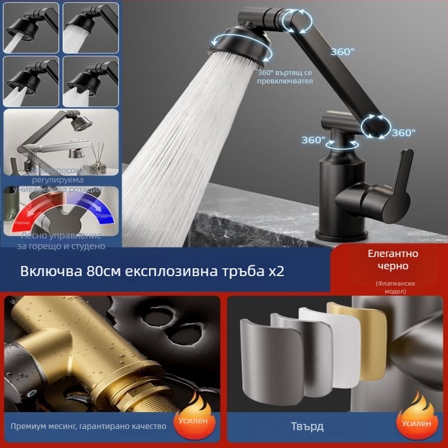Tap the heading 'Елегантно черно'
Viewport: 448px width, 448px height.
[393, 260]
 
